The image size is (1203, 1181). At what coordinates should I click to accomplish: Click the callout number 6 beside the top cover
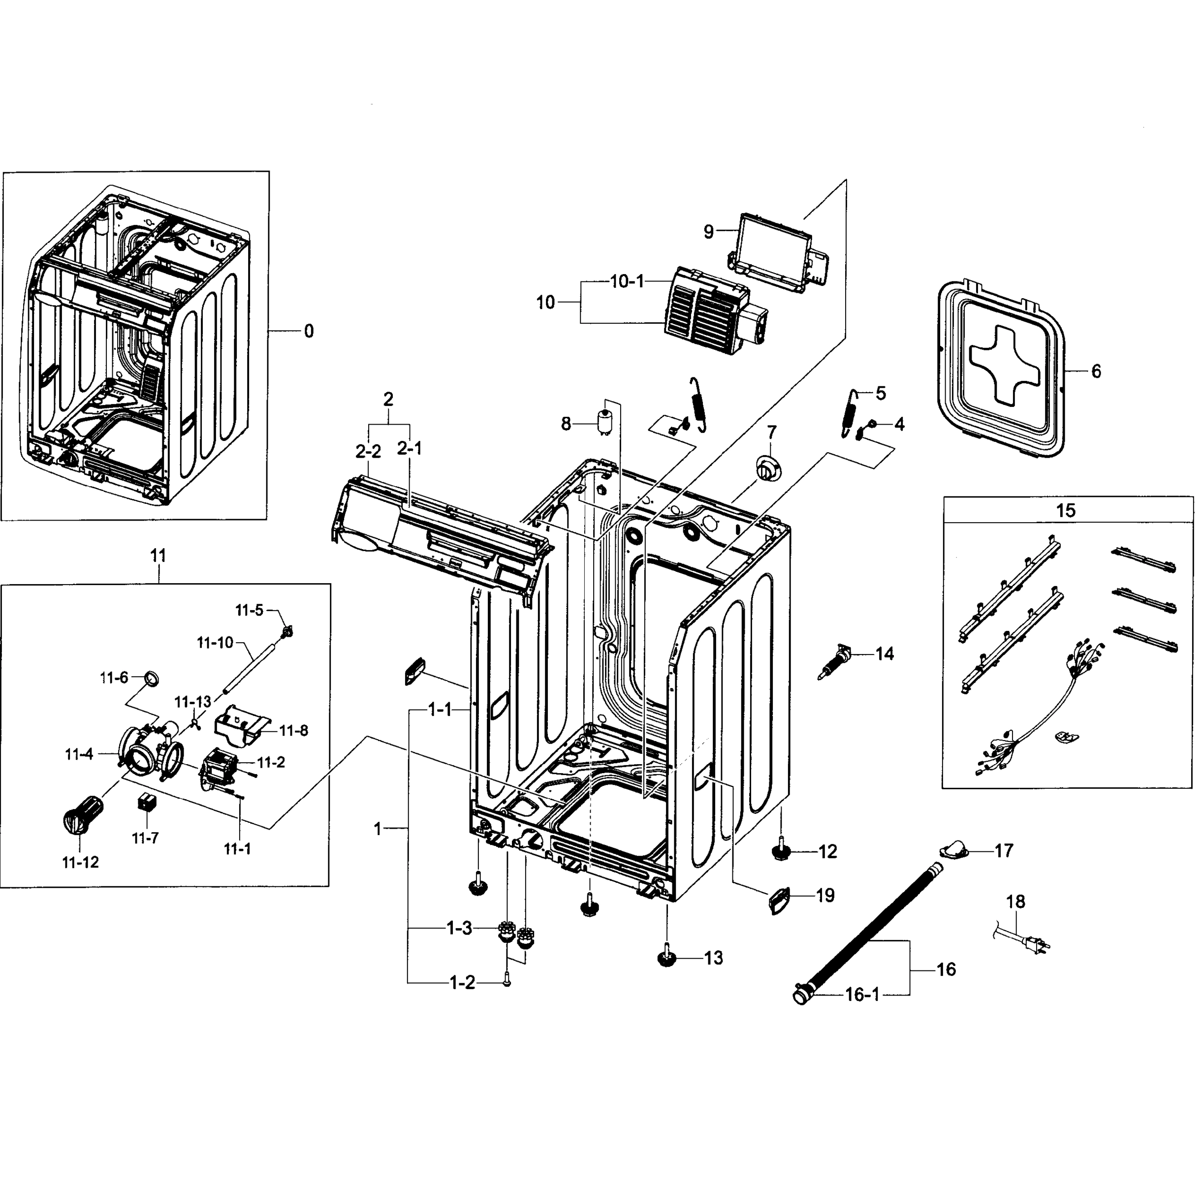point(1096,371)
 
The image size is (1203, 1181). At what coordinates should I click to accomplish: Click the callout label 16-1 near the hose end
point(862,995)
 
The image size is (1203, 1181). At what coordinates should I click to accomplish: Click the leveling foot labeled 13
point(666,957)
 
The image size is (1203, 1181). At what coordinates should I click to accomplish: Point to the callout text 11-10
point(215,643)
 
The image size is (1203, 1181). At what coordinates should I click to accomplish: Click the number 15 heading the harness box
point(1065,510)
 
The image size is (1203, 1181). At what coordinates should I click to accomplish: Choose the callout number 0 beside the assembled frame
point(308,331)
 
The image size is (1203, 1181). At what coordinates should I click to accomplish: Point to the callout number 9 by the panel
point(708,231)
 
